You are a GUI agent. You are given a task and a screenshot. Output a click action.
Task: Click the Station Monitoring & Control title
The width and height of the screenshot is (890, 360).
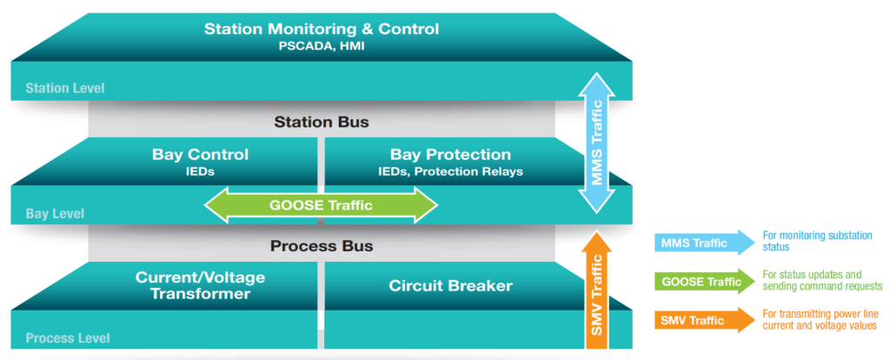click(322, 29)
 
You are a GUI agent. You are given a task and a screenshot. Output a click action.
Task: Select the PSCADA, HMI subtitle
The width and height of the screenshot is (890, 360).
click(322, 46)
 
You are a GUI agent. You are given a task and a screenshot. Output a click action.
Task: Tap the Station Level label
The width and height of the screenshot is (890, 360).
click(65, 88)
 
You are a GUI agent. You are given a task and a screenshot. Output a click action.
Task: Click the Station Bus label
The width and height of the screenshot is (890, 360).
click(322, 122)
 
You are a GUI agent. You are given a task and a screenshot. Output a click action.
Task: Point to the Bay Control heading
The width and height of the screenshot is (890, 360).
click(200, 155)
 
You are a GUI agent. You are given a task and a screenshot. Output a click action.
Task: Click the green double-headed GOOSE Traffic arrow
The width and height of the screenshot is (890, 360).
click(322, 206)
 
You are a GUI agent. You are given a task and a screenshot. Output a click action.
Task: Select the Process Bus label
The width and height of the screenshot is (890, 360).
click(322, 246)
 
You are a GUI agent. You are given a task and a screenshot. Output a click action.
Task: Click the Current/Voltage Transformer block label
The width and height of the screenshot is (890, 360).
click(200, 285)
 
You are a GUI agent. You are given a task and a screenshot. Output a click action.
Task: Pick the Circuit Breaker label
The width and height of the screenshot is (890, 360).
click(450, 285)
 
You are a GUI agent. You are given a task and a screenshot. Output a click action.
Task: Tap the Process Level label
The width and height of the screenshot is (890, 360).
click(68, 337)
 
